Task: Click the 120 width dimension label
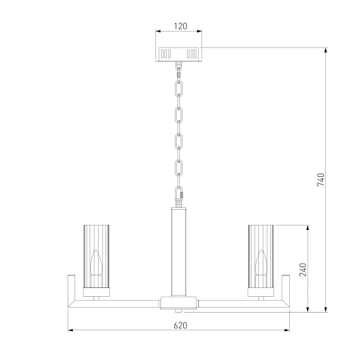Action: pos(181,26)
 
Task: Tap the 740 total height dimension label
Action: pos(321,179)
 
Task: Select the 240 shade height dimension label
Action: pos(303,270)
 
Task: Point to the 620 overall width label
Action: pos(180,325)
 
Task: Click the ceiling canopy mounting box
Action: pos(179,54)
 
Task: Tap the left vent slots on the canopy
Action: pos(165,54)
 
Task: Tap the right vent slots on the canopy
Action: pos(192,54)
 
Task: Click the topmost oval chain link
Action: pos(179,88)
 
